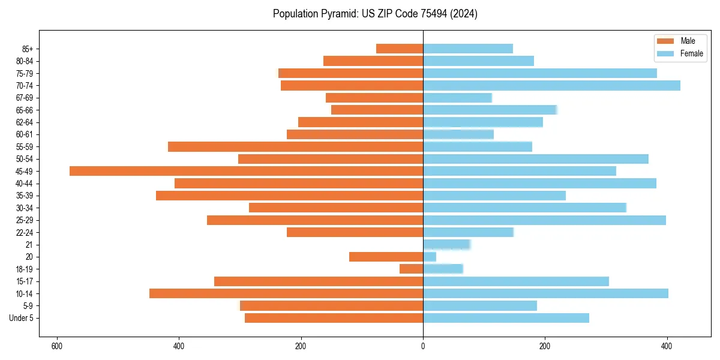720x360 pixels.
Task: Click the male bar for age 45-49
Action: coord(246,171)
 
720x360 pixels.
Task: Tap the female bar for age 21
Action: coord(446,244)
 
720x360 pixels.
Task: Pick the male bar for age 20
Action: coord(386,257)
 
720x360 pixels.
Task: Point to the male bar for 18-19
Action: coord(411,269)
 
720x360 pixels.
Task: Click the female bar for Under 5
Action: coord(506,318)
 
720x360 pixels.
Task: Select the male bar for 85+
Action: coord(400,49)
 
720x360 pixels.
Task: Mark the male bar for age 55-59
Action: coord(295,146)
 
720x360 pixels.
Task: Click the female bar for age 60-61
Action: coord(458,134)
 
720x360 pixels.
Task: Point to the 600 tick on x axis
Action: coord(57,346)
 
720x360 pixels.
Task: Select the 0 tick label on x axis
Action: coord(423,346)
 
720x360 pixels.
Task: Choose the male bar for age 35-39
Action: coord(289,196)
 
